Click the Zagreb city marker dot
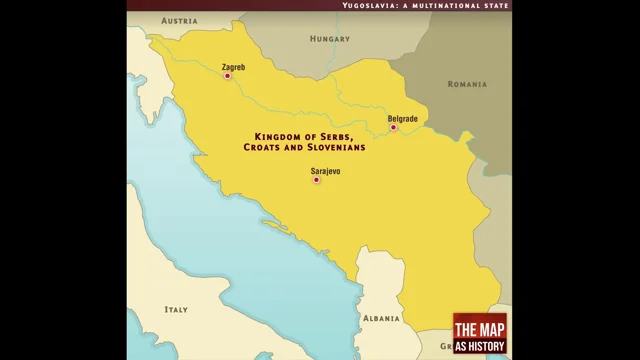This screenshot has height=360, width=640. [227, 76]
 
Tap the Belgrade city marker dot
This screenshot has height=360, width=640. [393, 128]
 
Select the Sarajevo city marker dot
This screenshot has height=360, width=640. [316, 180]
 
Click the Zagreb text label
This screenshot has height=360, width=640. [233, 67]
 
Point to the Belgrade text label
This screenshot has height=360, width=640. [403, 119]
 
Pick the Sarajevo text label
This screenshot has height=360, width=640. [326, 171]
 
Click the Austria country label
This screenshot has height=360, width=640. [179, 20]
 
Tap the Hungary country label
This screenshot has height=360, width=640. [329, 41]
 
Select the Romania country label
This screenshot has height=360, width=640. [467, 84]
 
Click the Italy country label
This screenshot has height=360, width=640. [176, 309]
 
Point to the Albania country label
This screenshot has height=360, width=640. [381, 318]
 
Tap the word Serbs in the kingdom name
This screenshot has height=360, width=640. [338, 136]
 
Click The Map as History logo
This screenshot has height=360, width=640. [480, 333]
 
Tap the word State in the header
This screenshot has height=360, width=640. [497, 5]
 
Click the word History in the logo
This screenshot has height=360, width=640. [487, 346]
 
